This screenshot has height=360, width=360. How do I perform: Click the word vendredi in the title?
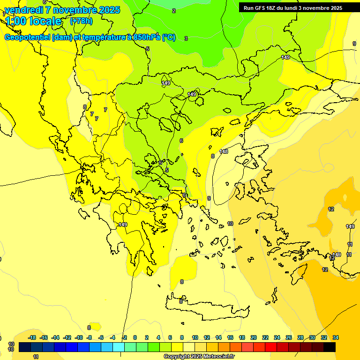pos(22,10)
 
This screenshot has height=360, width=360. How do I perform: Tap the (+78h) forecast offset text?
pos(81,21)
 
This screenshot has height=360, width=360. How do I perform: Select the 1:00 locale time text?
pos(33,21)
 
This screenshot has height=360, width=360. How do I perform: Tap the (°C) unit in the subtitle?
pos(169,37)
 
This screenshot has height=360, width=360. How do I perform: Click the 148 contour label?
pos(224,151)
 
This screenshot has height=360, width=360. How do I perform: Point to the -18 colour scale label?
pos(32,337)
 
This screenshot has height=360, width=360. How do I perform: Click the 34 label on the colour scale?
pos(336,337)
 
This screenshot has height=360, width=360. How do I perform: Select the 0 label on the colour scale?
pos(135,337)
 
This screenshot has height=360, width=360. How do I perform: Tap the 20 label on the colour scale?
pos(253,337)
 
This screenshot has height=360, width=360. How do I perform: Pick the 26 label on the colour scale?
pos(289,337)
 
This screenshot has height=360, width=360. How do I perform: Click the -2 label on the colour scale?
pos(124,337)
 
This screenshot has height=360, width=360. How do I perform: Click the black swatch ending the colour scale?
pos(330,347)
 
